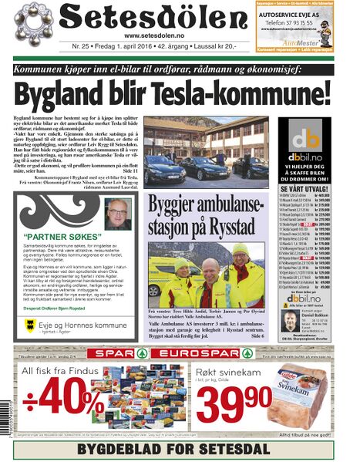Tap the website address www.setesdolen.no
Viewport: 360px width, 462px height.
point(160,35)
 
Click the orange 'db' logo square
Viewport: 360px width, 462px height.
point(310,139)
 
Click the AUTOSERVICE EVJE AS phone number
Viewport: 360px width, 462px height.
point(306,23)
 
